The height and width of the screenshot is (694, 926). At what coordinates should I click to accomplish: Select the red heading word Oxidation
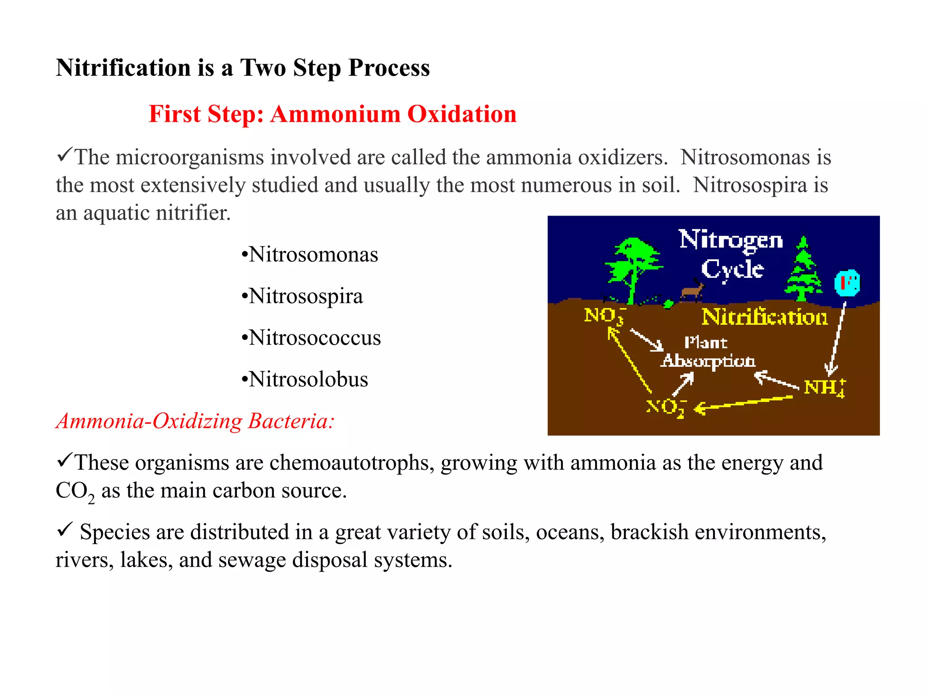tap(462, 114)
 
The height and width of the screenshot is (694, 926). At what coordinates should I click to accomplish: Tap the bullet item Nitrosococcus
tap(315, 338)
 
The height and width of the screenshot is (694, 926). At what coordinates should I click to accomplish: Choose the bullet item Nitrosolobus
tap(308, 379)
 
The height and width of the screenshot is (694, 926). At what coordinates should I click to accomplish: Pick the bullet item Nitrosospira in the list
tap(306, 296)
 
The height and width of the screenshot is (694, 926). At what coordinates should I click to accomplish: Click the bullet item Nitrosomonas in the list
tap(313, 254)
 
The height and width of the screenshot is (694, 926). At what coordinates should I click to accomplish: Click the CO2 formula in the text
tap(75, 491)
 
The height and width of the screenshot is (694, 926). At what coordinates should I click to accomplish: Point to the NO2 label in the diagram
tap(665, 408)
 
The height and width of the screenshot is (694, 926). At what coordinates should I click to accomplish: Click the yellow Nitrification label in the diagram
tap(765, 317)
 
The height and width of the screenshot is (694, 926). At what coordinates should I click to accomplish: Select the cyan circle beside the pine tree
tap(847, 283)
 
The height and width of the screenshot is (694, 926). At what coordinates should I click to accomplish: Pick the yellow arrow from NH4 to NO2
tap(744, 403)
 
